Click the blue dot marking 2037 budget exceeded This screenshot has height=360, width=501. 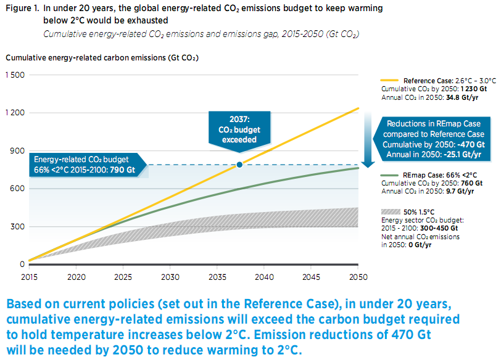pyautogui.click(x=239, y=165)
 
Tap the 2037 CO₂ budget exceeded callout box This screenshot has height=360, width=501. pyautogui.click(x=239, y=129)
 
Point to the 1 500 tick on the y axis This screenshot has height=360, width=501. pyautogui.click(x=14, y=75)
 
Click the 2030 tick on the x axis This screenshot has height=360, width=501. pyautogui.click(x=170, y=277)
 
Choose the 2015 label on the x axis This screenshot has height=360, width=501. pyautogui.click(x=28, y=277)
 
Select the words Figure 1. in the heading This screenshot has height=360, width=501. pyautogui.click(x=22, y=9)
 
